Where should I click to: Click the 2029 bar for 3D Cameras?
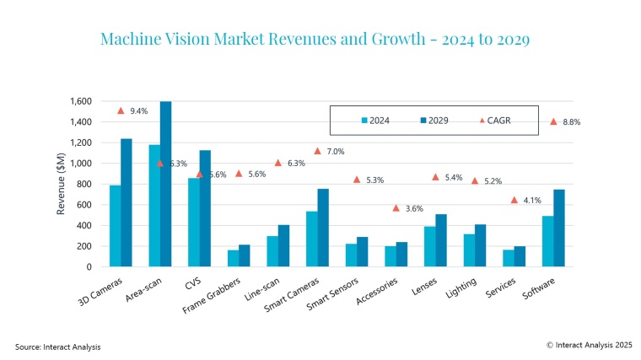[126, 202]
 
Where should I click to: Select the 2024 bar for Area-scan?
[154, 206]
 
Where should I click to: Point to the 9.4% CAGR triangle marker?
[121, 110]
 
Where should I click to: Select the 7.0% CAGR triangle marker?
[318, 151]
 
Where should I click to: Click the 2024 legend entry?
[384, 121]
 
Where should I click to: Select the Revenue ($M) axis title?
[62, 184]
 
